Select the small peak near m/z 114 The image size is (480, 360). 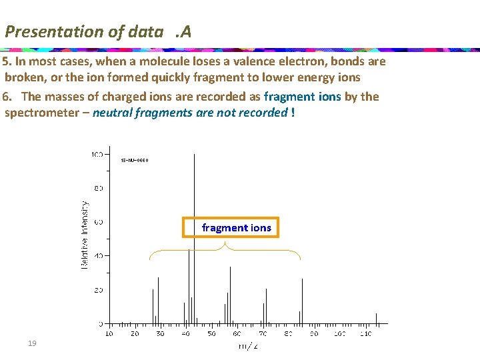tap(376, 318)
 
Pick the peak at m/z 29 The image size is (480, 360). tap(158, 300)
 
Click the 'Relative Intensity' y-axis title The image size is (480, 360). tap(85, 235)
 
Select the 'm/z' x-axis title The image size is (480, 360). tap(248, 345)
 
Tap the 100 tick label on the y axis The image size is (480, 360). tap(97, 154)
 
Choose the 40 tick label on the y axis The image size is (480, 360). tap(98, 256)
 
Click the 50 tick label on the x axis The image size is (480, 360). tap(211, 333)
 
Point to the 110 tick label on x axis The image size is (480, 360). tap(365, 333)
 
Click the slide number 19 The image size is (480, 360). tap(31, 343)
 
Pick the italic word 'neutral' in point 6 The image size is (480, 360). tap(113, 112)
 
